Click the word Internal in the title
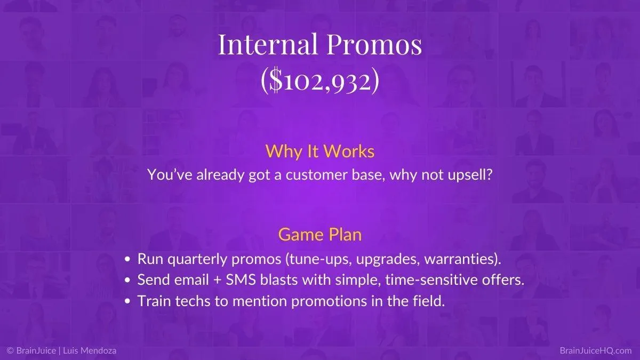[268, 44]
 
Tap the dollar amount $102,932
[320, 82]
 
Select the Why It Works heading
[320, 151]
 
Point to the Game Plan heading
[320, 235]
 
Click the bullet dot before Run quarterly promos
[127, 259]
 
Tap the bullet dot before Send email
[127, 281]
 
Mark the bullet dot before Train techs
[127, 301]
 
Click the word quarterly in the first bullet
[197, 259]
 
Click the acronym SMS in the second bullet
[241, 280]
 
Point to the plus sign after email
[218, 281]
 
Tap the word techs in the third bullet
[193, 301]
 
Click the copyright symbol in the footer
[11, 350]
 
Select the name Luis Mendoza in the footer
[90, 350]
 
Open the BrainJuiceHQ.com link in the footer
[595, 350]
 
